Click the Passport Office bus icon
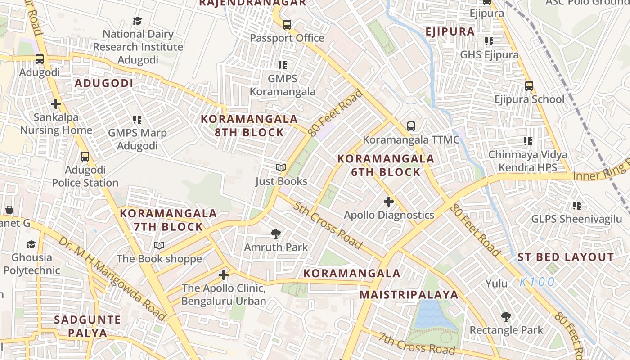pyautogui.click(x=287, y=24)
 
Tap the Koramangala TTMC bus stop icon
pyautogui.click(x=411, y=126)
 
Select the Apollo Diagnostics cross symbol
pyautogui.click(x=389, y=202)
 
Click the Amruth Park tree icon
pyautogui.click(x=276, y=234)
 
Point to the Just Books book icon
pyautogui.click(x=281, y=168)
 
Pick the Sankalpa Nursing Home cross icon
pyautogui.click(x=56, y=104)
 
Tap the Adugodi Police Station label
pyautogui.click(x=85, y=176)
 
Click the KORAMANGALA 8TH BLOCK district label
pyautogui.click(x=249, y=126)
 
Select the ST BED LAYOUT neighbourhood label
pyautogui.click(x=566, y=257)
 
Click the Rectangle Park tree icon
pyautogui.click(x=506, y=317)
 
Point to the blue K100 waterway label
pyautogui.click(x=537, y=282)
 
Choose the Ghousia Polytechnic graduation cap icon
pyautogui.click(x=31, y=244)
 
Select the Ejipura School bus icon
pyautogui.click(x=529, y=85)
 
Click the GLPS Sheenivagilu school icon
pyautogui.click(x=576, y=206)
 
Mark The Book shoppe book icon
pyautogui.click(x=159, y=245)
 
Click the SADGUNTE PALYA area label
pyautogui.click(x=87, y=326)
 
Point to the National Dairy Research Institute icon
pyautogui.click(x=137, y=21)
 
